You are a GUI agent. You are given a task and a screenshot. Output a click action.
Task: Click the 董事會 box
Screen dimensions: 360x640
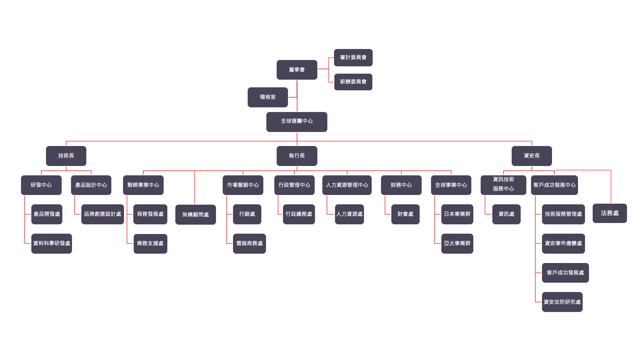coord(297,70)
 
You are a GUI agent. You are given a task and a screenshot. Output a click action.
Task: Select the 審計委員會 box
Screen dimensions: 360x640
coord(353,58)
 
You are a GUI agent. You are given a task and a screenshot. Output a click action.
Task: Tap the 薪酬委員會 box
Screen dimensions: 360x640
coord(353,82)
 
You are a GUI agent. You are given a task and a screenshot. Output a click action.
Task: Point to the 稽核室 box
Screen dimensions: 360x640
coord(268,97)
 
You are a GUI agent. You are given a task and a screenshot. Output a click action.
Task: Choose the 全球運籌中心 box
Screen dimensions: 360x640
coord(297,122)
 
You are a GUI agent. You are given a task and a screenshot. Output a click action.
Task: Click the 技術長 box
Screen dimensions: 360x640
coord(66,156)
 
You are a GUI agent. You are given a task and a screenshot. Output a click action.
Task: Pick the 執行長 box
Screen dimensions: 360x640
coord(297,156)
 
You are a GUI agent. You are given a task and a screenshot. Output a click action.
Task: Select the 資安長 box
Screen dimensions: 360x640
coord(531,156)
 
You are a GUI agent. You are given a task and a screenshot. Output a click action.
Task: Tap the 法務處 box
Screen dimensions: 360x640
coord(609,213)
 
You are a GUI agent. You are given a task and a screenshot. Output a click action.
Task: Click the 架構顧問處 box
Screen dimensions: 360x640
coord(195,215)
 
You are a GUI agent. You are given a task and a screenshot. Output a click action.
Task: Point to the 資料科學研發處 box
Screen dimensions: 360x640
coord(52,244)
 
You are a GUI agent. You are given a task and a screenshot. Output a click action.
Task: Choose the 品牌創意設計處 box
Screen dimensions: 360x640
coord(102,214)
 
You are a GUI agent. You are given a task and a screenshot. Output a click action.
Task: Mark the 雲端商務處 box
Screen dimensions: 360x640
coord(249,244)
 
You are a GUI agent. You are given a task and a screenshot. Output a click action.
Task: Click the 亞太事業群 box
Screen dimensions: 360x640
coord(457,244)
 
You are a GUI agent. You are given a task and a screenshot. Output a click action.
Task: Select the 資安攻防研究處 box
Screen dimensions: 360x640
coord(562,302)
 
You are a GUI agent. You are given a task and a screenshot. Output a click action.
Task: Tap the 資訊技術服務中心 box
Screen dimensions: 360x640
coord(503,185)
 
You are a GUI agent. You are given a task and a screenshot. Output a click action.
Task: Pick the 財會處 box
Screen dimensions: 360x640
coord(405,214)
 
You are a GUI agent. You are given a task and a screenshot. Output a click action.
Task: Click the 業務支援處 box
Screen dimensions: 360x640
coord(150,244)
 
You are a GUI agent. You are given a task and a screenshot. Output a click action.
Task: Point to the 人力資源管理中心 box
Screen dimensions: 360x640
coord(347,185)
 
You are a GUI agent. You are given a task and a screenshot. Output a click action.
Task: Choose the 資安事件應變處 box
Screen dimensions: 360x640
coord(563,244)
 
